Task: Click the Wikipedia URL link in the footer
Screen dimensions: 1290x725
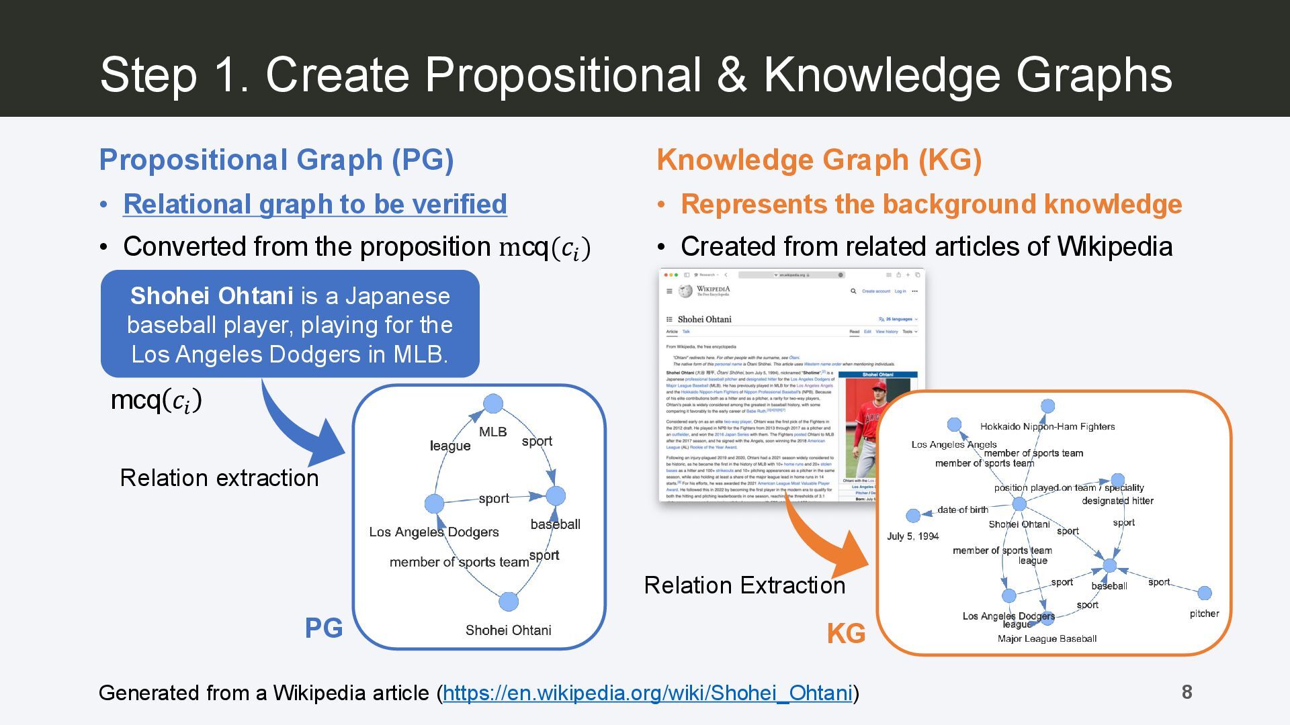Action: click(x=647, y=693)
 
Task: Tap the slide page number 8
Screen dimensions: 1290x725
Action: click(x=1187, y=692)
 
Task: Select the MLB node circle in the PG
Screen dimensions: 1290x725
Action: click(x=493, y=403)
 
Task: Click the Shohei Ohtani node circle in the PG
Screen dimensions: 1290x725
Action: click(x=509, y=601)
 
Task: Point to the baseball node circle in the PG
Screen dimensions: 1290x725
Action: click(x=556, y=496)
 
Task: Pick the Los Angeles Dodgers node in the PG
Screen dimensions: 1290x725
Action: click(x=435, y=503)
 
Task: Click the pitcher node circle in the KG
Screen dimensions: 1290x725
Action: click(x=1205, y=593)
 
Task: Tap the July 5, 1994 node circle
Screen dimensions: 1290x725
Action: click(x=913, y=516)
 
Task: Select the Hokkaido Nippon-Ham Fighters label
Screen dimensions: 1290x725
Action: click(x=1047, y=426)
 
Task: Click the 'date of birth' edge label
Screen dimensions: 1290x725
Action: click(x=962, y=510)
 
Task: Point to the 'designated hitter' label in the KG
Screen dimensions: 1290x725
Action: click(x=1117, y=501)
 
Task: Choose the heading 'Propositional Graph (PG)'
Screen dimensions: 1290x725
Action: click(x=276, y=160)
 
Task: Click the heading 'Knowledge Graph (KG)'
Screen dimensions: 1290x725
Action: click(x=819, y=160)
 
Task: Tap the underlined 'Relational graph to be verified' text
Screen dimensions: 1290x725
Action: click(x=314, y=204)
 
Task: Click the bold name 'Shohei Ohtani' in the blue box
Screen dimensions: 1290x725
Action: click(x=212, y=296)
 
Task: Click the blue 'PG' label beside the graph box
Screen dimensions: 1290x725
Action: click(x=324, y=628)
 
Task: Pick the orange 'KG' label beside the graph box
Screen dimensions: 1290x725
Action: click(x=846, y=634)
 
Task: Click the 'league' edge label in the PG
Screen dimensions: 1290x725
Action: click(x=450, y=446)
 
